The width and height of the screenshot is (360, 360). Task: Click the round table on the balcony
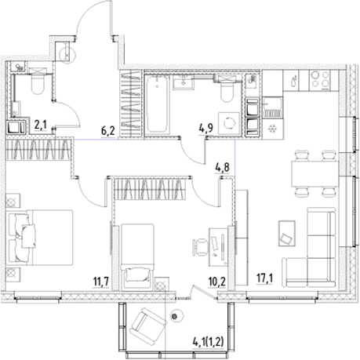(176, 316)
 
